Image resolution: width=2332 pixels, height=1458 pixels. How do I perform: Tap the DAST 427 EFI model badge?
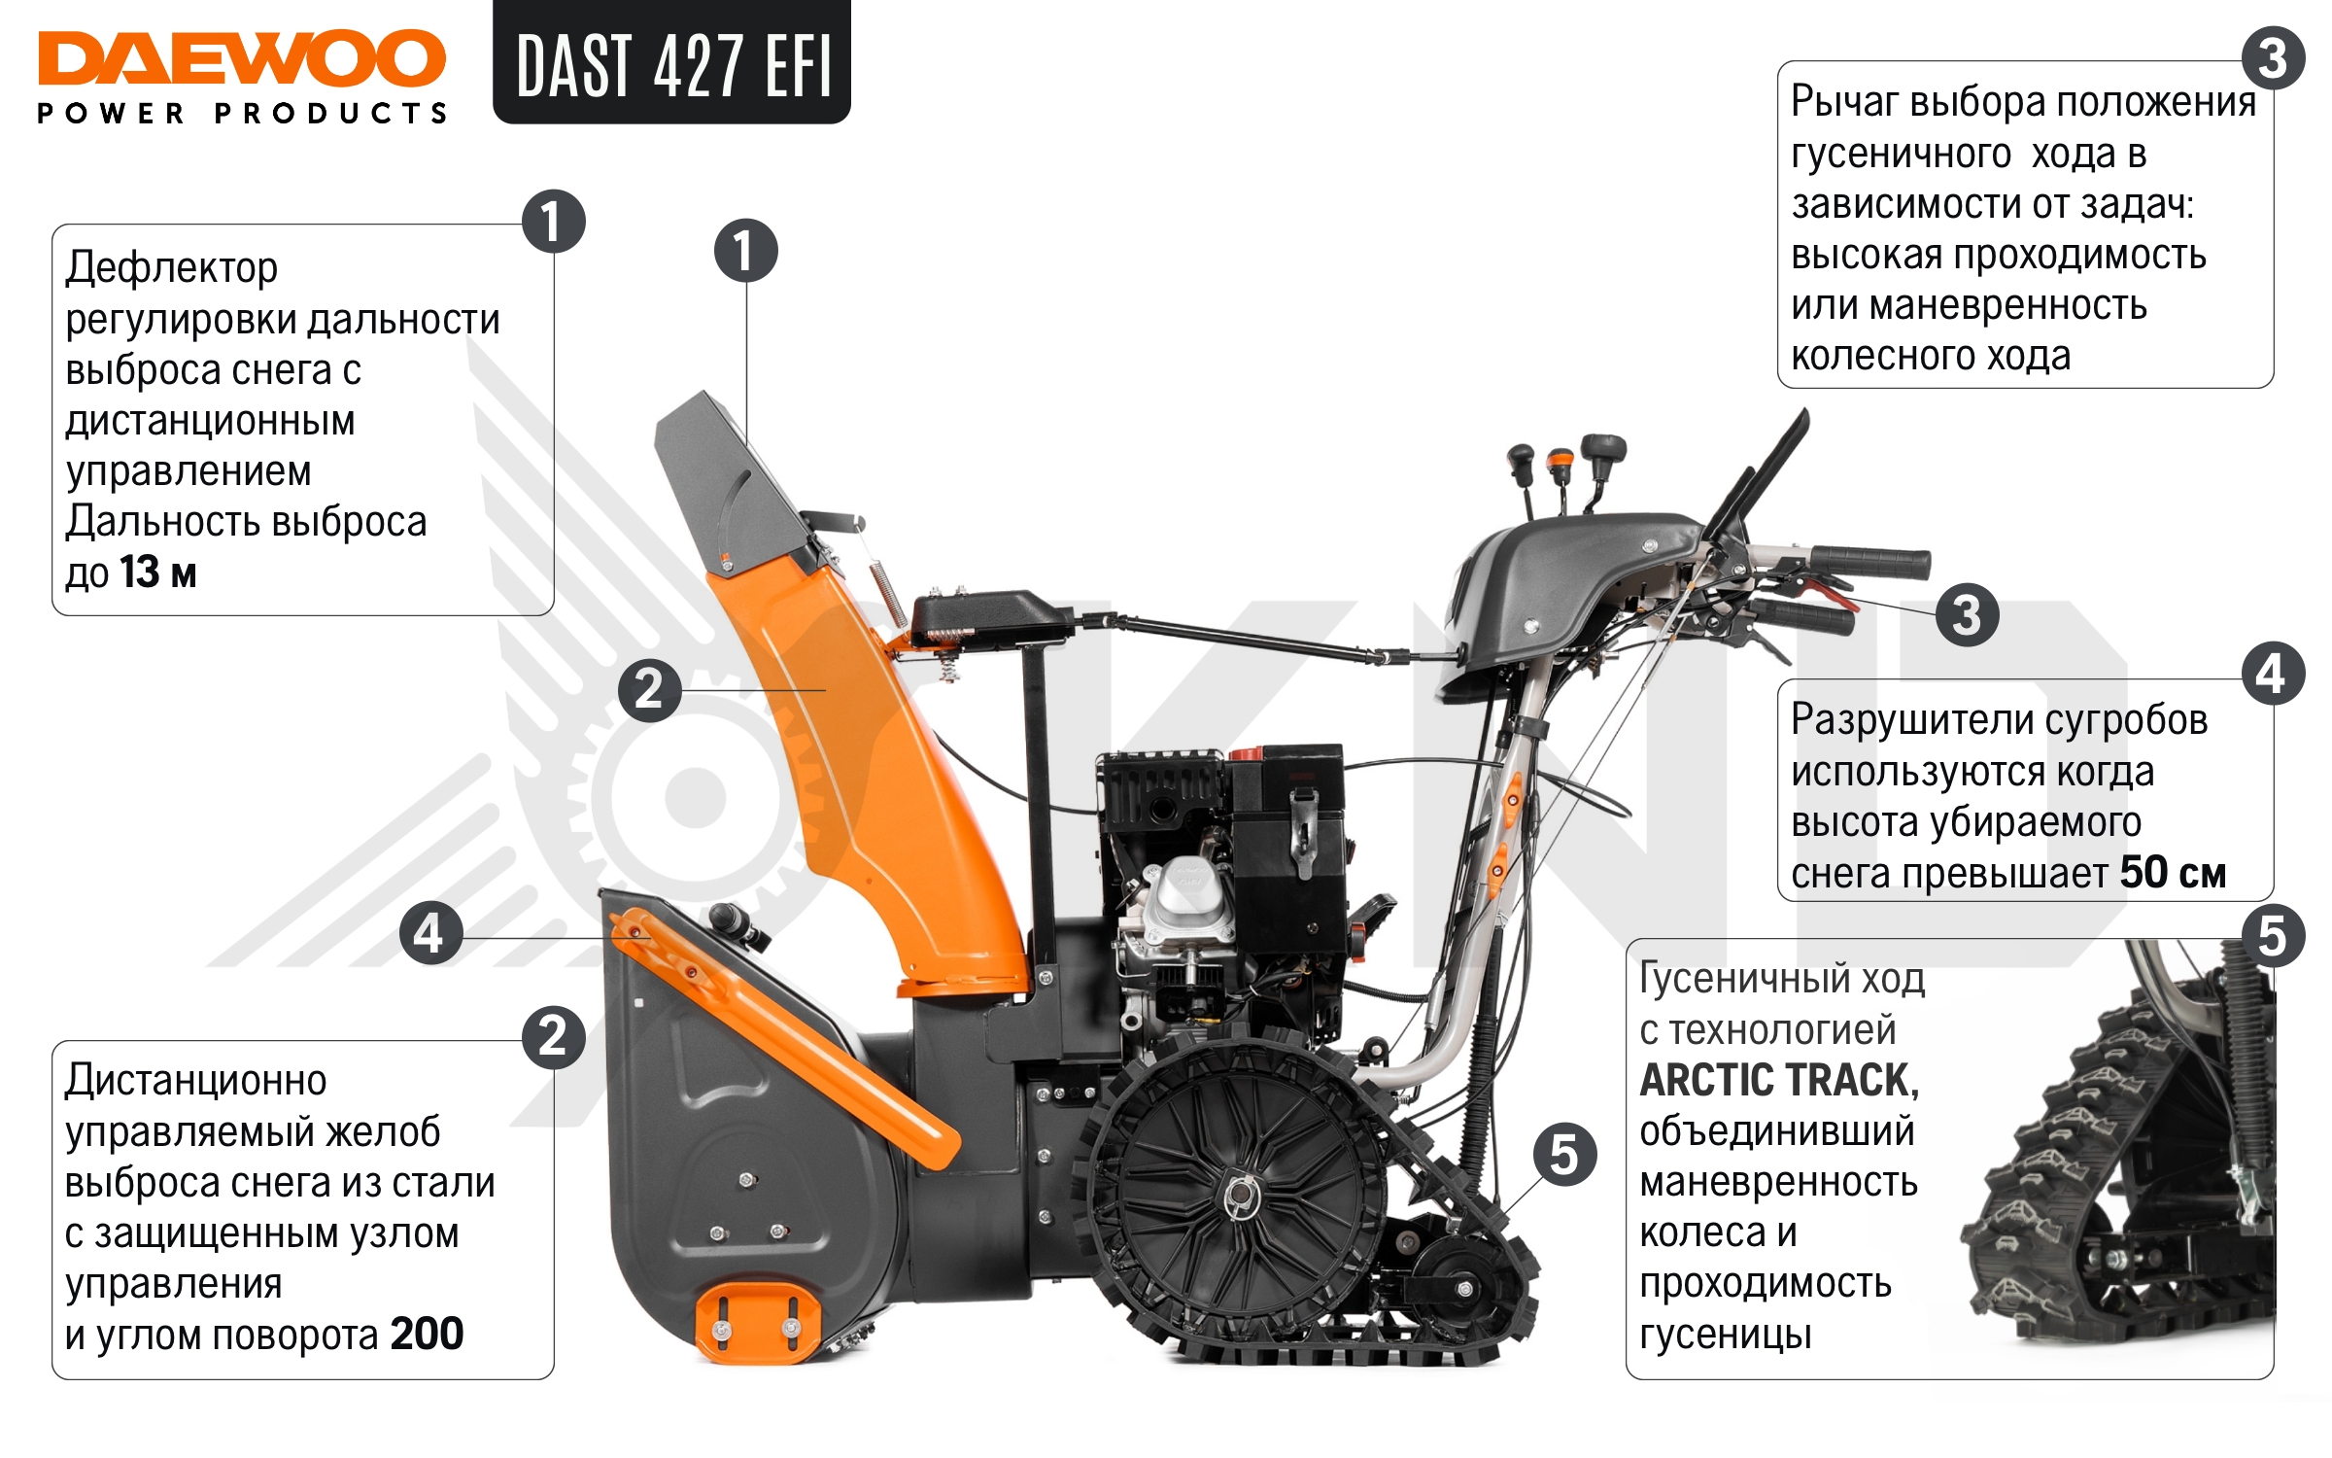coord(672,64)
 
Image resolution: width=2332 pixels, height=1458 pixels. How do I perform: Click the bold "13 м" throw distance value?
coord(158,573)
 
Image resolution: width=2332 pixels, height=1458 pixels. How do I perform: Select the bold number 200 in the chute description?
coord(427,1334)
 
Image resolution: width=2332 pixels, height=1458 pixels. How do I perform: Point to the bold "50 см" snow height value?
coord(2173,873)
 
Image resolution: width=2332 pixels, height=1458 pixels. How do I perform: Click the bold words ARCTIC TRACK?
coord(1778,1081)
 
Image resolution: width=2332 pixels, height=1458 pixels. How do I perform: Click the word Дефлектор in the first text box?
coord(172,268)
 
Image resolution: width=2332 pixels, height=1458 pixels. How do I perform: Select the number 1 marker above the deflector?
coord(745,251)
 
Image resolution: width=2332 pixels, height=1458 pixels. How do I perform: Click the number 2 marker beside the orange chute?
coord(649,689)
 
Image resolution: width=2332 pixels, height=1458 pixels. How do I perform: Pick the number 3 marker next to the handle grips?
coord(1967,614)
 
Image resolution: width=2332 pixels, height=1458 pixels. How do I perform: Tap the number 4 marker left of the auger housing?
coord(430,933)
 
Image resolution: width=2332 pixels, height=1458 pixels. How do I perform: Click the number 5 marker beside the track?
coord(1564,1154)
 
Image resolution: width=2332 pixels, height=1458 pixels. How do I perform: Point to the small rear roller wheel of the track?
coord(1463,1288)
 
